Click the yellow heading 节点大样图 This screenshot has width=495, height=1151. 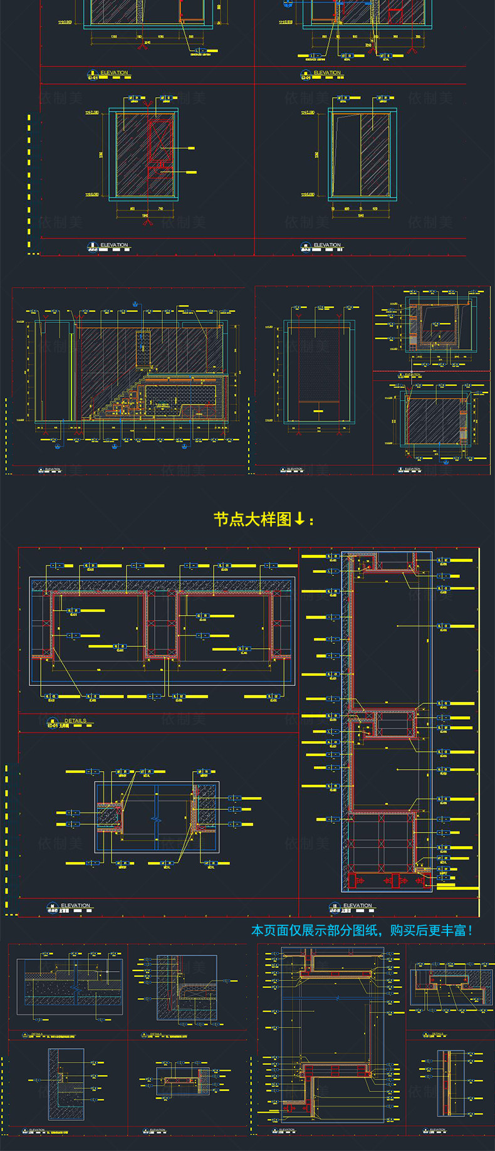tap(253, 519)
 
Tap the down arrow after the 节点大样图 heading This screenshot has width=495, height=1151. tap(300, 519)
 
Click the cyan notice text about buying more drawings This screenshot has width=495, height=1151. tap(362, 930)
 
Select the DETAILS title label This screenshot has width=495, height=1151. tap(75, 721)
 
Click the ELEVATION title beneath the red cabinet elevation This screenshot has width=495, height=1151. tap(113, 245)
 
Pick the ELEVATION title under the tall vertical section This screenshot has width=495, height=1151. tap(357, 905)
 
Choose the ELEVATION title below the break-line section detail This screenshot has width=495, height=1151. tap(75, 905)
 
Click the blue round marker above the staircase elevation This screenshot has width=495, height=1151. tap(135, 304)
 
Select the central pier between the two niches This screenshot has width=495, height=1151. tap(162, 624)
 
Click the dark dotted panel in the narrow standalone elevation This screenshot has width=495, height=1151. tap(319, 370)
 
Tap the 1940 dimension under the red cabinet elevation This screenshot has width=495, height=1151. tap(145, 215)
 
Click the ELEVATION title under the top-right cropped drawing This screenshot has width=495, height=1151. tap(327, 73)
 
